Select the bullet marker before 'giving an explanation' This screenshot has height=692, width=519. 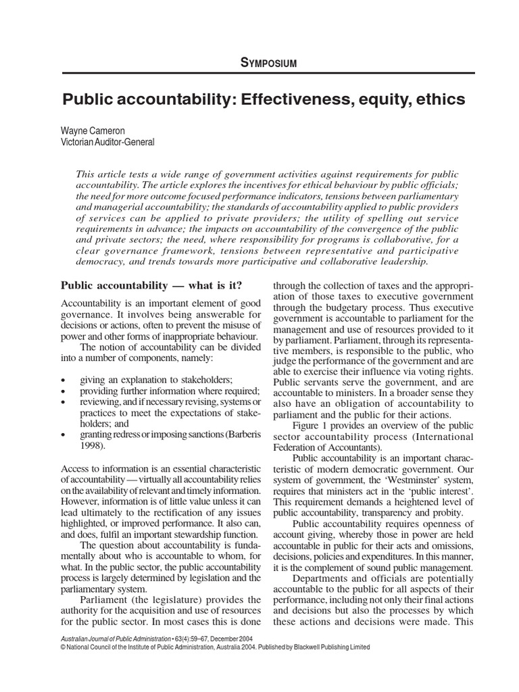click(64, 380)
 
